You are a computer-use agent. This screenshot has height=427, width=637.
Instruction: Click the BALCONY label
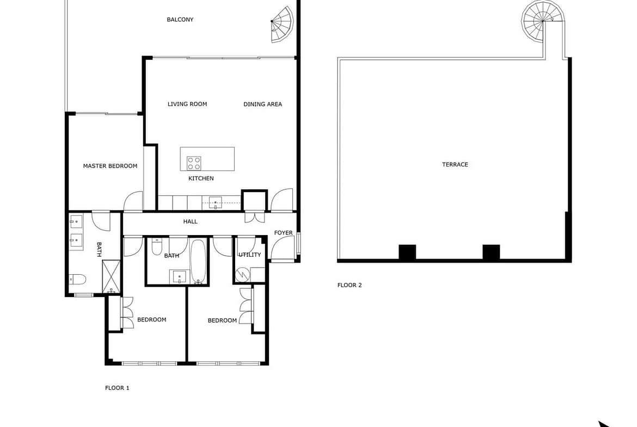pos(180,20)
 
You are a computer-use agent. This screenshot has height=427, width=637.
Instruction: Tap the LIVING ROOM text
pos(187,104)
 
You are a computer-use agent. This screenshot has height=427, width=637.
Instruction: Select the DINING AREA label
pos(262,104)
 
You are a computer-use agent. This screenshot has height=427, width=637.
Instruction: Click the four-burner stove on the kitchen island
pos(194,163)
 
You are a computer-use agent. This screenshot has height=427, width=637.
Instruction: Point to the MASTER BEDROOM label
pos(110,165)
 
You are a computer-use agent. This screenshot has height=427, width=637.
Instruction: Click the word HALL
pos(190,221)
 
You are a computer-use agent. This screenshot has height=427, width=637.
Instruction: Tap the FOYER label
pos(283,233)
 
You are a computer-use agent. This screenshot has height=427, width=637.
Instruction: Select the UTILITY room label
pos(249,255)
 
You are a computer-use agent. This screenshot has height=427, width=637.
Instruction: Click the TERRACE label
pos(455,164)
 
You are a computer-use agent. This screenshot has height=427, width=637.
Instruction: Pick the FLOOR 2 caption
pos(350,285)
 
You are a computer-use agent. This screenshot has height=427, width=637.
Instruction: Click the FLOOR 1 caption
pos(117,388)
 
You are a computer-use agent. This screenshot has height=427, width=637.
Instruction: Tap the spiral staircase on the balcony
pos(282,24)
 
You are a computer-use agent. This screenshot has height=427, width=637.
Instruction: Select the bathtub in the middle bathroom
pos(198,261)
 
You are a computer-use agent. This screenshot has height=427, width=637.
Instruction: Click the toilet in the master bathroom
pos(78,279)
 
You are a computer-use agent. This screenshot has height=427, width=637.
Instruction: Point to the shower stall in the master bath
pos(111,276)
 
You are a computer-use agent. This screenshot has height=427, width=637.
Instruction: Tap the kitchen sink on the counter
pos(215,202)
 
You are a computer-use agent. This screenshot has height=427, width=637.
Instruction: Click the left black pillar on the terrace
pos(407,252)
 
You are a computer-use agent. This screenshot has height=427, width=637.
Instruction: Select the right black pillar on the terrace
pos(491,252)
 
